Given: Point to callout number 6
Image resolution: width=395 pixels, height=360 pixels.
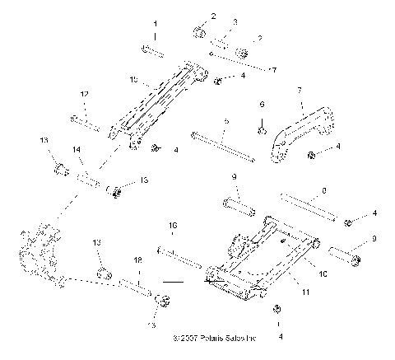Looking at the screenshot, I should (x=262, y=105).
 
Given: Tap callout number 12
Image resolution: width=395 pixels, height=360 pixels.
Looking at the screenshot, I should (x=83, y=96).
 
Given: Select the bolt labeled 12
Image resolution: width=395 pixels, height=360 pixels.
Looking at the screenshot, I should (x=85, y=124).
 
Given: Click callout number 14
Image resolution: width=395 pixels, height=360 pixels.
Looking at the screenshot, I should (x=76, y=150).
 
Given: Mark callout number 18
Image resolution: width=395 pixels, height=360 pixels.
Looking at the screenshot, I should (x=137, y=259).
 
